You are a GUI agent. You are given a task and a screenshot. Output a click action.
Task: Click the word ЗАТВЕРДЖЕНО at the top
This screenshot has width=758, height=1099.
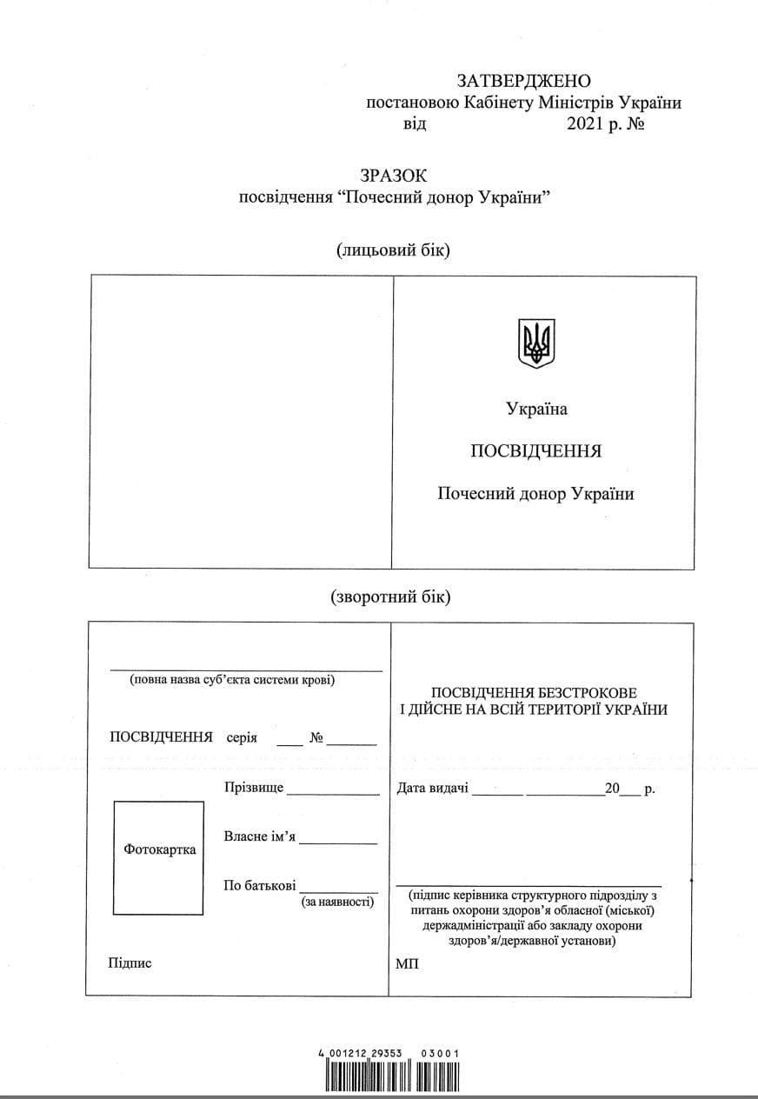pos(523,82)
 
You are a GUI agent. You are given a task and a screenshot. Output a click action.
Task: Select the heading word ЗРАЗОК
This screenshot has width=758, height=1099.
pos(396,176)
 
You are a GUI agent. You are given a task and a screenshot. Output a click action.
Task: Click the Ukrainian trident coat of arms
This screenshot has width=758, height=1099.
pos(536,343)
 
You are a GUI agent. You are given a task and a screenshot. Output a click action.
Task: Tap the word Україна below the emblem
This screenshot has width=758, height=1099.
pos(536,410)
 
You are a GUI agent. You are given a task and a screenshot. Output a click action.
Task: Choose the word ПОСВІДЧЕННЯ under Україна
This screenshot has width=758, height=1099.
pos(535,451)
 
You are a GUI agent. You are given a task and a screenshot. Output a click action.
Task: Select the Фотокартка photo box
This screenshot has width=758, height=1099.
pos(159,857)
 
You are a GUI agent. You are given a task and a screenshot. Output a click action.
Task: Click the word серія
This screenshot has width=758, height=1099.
pos(242,738)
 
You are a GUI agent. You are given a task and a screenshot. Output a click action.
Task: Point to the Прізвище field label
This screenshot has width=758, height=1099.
pos(254,787)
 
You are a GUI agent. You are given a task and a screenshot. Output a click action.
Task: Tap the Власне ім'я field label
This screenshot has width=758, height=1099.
pos(260,836)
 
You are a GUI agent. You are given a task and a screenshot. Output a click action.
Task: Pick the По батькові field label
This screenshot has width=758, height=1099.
pos(260,886)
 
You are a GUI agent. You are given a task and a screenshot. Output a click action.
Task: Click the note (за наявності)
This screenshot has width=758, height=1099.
pos(338,903)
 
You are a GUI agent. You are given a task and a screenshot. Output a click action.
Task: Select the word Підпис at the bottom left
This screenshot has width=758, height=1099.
pos(130,962)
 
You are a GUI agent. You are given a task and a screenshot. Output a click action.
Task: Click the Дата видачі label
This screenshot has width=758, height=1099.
pos(433,789)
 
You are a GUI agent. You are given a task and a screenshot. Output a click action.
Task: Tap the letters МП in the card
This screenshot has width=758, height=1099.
pos(407,964)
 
